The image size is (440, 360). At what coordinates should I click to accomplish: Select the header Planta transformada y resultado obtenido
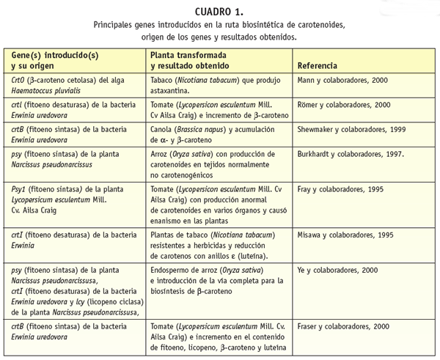click(x=195, y=60)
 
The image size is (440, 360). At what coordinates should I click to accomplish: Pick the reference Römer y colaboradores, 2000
click(x=344, y=106)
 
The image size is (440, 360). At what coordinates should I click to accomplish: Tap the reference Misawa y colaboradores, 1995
click(x=346, y=235)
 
